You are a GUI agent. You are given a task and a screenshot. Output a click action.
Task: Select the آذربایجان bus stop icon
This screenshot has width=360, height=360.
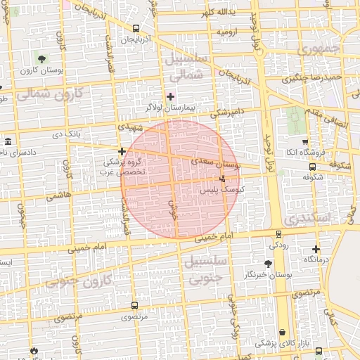click(x=136, y=29)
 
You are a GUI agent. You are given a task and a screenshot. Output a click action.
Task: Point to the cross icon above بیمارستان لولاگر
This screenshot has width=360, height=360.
click(x=170, y=96)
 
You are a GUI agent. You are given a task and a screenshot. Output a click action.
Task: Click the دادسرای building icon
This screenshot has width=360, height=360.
click(x=8, y=141)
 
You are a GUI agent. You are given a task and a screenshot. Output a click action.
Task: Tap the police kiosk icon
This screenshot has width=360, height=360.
click(x=223, y=179)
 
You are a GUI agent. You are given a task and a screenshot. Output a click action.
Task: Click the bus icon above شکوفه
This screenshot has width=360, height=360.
click(x=312, y=167)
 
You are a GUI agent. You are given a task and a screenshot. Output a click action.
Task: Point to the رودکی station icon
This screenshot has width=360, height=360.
click(x=278, y=234)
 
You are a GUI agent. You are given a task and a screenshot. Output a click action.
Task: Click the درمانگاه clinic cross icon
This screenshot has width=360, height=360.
click(x=316, y=249)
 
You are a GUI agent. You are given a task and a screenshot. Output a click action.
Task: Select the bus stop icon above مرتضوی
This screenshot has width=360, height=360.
click(x=134, y=305)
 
